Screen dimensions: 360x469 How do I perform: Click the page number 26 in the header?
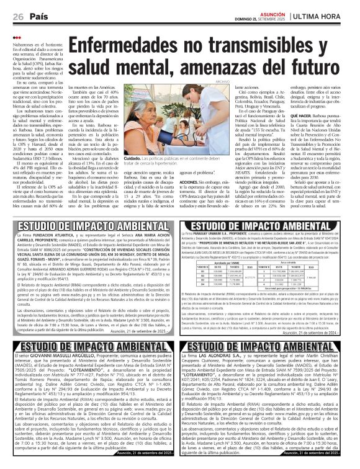[10, 16]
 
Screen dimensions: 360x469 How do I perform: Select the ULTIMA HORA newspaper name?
[329, 15]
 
